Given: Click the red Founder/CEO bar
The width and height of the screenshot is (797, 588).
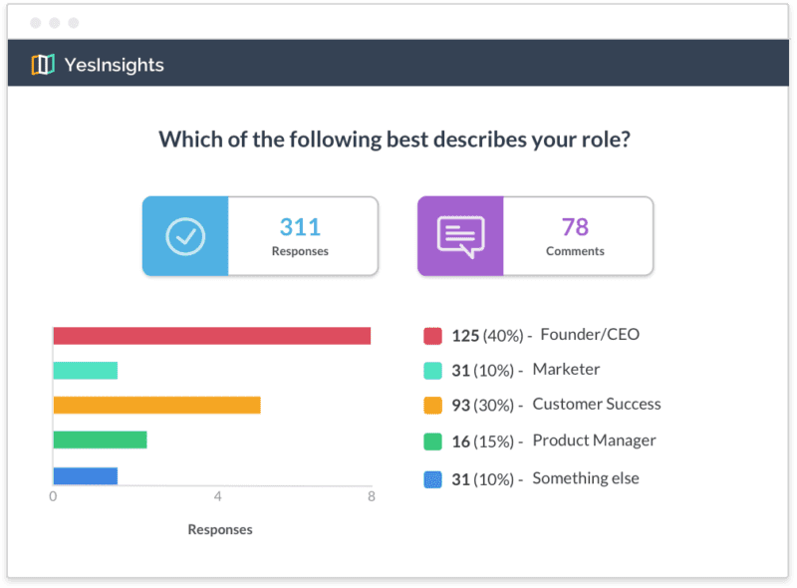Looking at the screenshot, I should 211,336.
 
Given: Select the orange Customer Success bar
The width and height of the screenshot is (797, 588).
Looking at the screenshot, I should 156,405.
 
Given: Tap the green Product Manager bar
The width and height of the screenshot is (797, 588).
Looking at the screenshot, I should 100,440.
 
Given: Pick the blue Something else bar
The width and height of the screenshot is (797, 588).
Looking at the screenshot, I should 85,475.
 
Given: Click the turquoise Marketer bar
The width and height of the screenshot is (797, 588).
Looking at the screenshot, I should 85,371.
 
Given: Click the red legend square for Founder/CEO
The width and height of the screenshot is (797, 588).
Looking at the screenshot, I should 432,336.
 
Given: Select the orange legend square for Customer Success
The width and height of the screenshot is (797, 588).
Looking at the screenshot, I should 432,406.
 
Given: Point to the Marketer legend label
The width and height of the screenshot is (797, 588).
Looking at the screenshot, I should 566,370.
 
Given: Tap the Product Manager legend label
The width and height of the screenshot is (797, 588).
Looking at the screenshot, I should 594,441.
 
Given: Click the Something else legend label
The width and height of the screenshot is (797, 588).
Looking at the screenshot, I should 586,478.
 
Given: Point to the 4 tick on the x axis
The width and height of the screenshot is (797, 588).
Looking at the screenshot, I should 217,495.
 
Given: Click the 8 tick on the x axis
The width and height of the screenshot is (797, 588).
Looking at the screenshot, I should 370,495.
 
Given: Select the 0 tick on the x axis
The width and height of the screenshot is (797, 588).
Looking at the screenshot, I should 53,495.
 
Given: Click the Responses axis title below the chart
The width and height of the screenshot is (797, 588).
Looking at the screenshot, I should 220,529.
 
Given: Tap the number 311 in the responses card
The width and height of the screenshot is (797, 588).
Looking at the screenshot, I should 300,226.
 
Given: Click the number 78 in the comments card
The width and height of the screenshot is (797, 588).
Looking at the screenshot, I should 575,226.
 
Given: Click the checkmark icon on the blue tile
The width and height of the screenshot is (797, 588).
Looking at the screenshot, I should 185,236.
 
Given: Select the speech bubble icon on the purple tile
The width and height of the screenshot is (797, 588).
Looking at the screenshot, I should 460,236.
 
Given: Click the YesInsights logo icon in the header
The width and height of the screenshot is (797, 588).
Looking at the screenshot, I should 42,65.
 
